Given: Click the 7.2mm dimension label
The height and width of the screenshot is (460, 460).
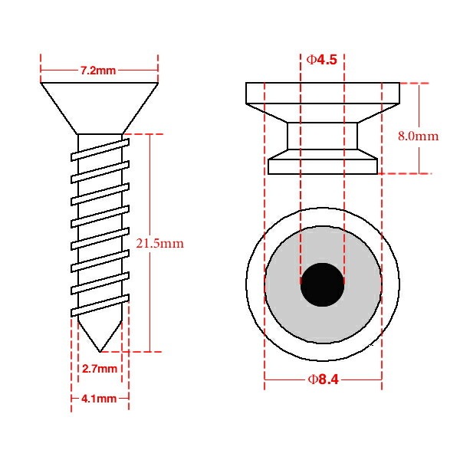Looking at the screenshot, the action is (x=98, y=71).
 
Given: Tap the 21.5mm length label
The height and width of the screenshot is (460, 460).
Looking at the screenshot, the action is (x=160, y=244).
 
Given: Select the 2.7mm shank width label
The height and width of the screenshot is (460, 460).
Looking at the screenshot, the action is (x=100, y=369).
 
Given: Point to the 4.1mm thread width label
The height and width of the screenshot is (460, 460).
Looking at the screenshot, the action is (x=99, y=399).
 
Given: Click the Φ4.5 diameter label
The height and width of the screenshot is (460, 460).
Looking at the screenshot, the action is (x=322, y=60).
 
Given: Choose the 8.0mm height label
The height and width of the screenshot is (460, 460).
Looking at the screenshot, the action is (x=419, y=136).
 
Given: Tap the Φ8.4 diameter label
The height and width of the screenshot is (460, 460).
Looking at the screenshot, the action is (x=324, y=379).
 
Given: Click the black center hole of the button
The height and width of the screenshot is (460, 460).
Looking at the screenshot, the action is (x=322, y=284).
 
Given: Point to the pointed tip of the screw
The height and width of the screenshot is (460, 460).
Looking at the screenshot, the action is (x=100, y=351).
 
